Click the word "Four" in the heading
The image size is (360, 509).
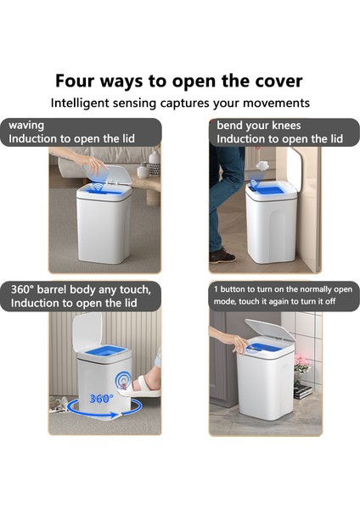click(x=75, y=81)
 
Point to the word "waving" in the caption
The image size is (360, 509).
click(x=26, y=126)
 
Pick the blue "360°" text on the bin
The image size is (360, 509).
click(x=101, y=399)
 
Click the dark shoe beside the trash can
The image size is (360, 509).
click(x=222, y=255)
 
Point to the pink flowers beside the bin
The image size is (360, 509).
click(x=301, y=362)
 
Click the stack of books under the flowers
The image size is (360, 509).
click(x=303, y=391)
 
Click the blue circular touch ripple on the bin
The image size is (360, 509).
click(x=123, y=380)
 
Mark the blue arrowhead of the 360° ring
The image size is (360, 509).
click(x=114, y=415)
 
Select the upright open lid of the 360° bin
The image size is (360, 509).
click(x=87, y=332)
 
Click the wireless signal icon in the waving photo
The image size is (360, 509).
click(x=98, y=187)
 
